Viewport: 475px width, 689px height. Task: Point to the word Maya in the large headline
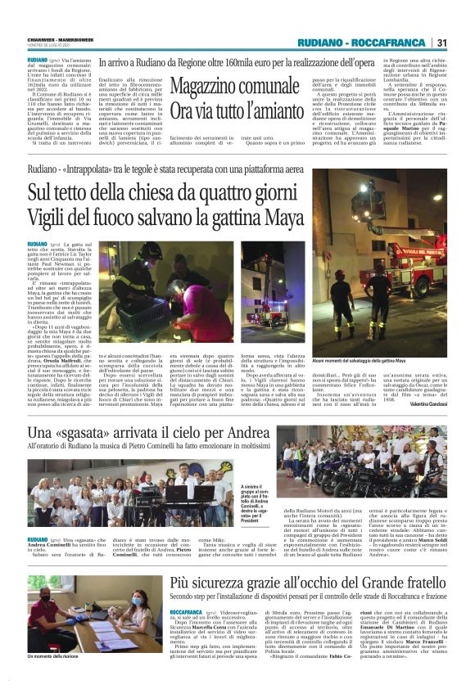pos(278,218)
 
